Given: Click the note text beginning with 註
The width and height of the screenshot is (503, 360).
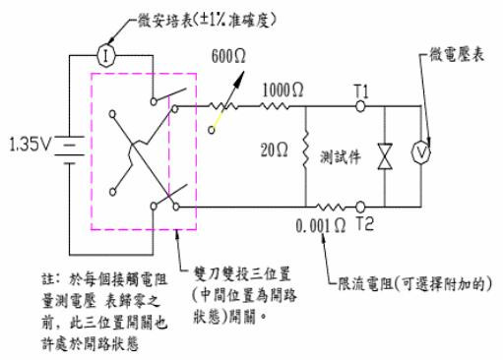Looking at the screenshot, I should [75, 295].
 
